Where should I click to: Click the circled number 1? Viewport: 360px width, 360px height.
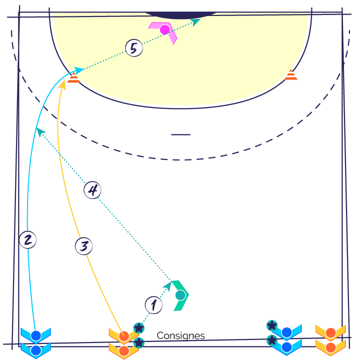pos(153,305)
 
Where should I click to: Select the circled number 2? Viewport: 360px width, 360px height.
pos(28,240)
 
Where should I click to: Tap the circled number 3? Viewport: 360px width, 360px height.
pos(84,246)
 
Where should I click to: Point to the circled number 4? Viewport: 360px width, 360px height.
pos(92,190)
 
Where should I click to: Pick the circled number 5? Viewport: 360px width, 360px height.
pos(134,48)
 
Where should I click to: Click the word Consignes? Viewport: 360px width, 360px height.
pos(180,335)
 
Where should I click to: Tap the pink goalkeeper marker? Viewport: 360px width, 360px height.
pos(164,30)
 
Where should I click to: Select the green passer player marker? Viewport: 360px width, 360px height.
pos(180,295)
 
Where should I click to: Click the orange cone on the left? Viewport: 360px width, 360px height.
pos(73,77)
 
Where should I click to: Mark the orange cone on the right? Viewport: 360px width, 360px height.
pos(291,75)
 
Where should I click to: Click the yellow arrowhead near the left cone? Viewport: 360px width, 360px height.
pos(62,84)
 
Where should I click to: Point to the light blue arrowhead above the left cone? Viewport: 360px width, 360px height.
pos(79,70)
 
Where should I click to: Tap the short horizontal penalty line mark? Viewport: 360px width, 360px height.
pos(180,134)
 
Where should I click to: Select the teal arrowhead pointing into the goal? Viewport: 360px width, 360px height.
pos(195,22)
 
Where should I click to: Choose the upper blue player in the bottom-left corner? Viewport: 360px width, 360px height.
pos(36,335)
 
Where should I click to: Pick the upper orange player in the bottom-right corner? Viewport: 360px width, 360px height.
pos(330,332)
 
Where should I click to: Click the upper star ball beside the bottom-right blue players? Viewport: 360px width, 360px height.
pos(272,325)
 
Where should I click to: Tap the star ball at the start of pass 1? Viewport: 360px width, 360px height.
pos(139,328)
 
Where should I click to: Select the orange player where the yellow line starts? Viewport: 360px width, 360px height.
pos(124,336)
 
